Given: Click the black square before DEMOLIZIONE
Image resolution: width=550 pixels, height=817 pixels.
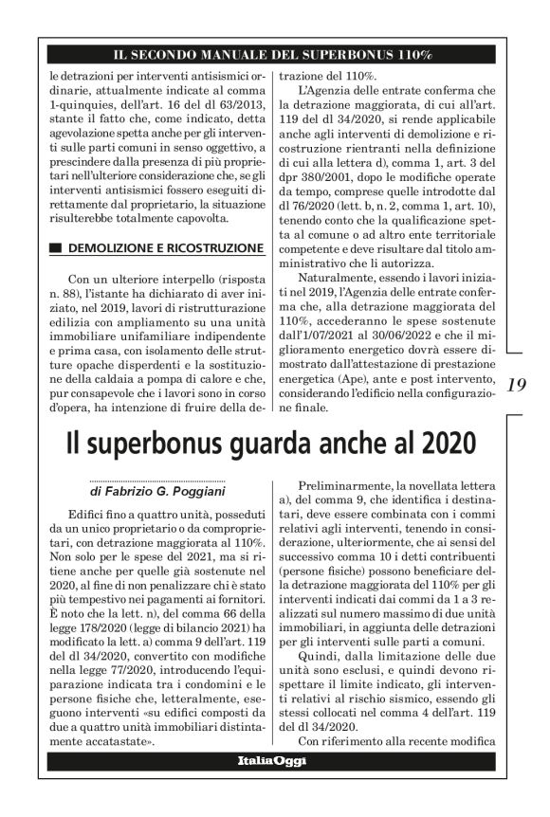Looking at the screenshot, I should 52,248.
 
